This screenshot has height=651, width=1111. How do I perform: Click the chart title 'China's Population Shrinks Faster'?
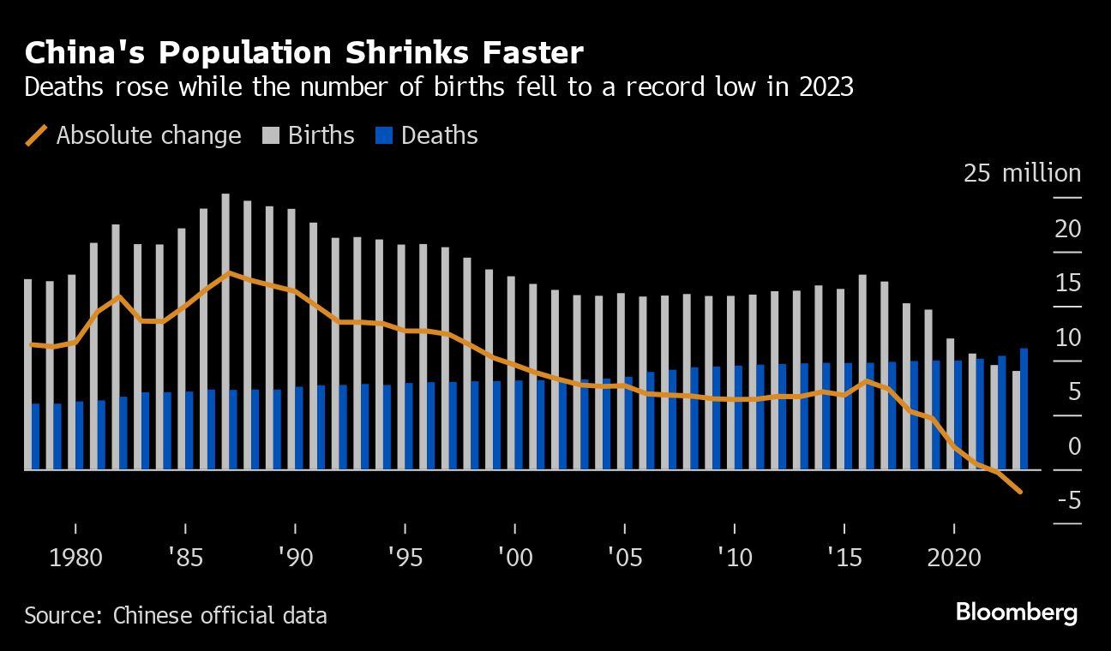click(x=303, y=53)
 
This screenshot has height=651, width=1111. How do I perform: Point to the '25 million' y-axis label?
click(x=1022, y=173)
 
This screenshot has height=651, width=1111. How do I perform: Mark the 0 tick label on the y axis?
click(x=1073, y=445)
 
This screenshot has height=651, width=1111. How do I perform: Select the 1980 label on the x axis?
click(x=75, y=558)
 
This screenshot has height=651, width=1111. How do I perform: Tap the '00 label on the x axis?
click(x=514, y=558)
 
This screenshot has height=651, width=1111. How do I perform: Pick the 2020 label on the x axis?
click(x=954, y=558)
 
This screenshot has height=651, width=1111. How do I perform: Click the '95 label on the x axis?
click(x=405, y=558)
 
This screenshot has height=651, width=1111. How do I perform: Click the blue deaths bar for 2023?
click(x=1024, y=409)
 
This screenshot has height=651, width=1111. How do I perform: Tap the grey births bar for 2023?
click(x=1016, y=420)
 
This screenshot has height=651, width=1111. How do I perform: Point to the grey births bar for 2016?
click(x=862, y=372)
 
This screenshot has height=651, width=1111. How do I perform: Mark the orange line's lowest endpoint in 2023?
click(x=1019, y=493)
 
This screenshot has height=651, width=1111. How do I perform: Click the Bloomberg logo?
click(x=1016, y=613)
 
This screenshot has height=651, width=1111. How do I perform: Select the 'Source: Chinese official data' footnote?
click(x=176, y=615)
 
